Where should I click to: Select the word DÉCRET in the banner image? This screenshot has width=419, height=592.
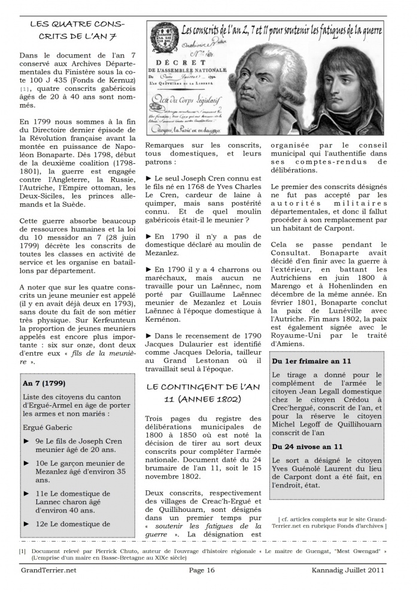point(177,62)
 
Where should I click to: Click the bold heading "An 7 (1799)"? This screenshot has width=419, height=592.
point(44,383)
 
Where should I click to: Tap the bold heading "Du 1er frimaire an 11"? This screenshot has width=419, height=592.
point(311,361)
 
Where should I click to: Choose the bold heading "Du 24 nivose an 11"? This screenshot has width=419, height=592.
point(307,446)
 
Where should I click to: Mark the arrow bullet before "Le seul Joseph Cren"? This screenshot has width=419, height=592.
point(148,179)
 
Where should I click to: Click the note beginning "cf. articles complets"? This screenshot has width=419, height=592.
point(332,523)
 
